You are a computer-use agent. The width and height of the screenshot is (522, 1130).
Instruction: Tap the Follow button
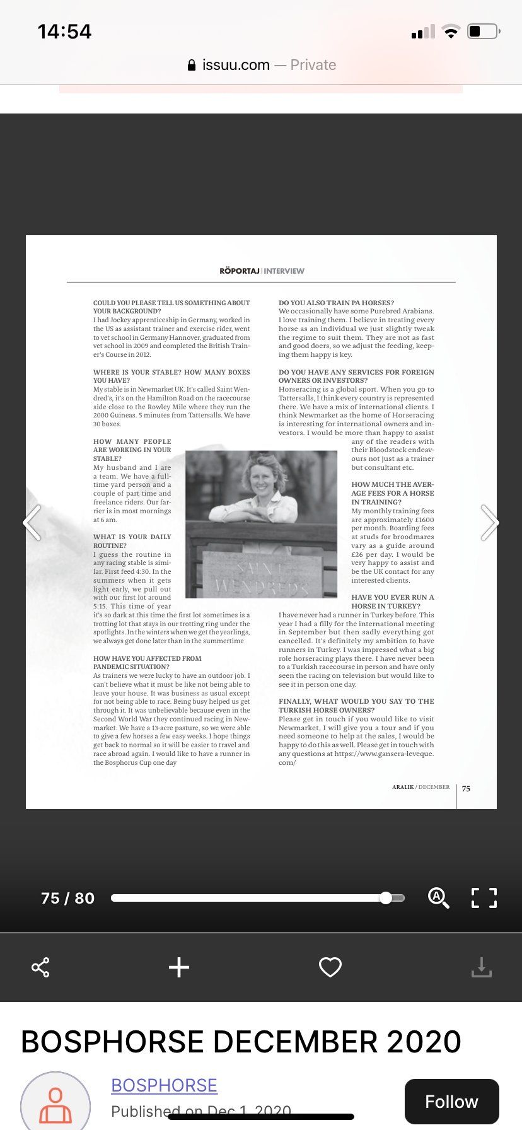pos(451,1102)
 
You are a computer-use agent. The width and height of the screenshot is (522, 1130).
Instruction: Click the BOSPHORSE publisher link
pos(164,1085)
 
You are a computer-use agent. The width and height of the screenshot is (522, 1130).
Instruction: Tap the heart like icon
pos(330,967)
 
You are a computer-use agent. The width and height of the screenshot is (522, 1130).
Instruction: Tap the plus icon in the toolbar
pos(179,967)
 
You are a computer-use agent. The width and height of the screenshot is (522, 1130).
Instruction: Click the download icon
pos(481,967)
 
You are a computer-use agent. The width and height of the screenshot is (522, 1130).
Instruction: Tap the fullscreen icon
pos(484,897)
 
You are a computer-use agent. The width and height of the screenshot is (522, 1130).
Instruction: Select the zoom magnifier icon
pos(438,897)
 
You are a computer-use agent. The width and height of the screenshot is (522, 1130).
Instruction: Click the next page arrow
pos(489,523)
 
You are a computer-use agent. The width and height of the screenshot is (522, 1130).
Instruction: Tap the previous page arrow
pos(32,523)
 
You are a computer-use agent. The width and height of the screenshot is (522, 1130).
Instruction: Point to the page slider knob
pos(386,898)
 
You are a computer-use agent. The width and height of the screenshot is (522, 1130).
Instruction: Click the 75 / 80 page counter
pos(67,898)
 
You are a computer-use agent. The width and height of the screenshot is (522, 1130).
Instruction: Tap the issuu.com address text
pos(236,65)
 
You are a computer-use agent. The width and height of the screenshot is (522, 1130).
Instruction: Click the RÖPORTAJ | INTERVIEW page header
pos(262,271)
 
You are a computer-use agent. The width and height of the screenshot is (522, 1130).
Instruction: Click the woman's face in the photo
pos(261,479)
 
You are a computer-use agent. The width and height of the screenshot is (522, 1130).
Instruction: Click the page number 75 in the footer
pos(466,788)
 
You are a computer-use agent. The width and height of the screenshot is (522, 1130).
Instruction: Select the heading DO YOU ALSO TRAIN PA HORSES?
pos(336,303)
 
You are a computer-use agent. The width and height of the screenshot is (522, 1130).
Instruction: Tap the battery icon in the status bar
pos(483,31)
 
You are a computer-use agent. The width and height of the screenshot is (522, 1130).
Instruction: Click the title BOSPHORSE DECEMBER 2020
pos(241,1041)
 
